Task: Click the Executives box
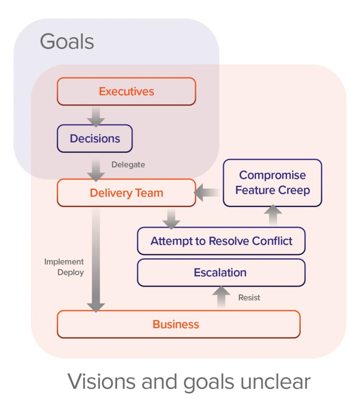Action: coord(126,92)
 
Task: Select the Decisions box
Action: coord(95,138)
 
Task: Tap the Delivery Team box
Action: coord(126,193)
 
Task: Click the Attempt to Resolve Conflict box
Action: coord(221,241)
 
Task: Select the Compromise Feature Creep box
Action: coord(272,182)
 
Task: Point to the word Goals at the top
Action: coord(67,42)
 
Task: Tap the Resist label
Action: coord(249,298)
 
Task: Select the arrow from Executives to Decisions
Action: coord(95,115)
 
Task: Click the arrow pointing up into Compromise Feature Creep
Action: coord(272,216)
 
